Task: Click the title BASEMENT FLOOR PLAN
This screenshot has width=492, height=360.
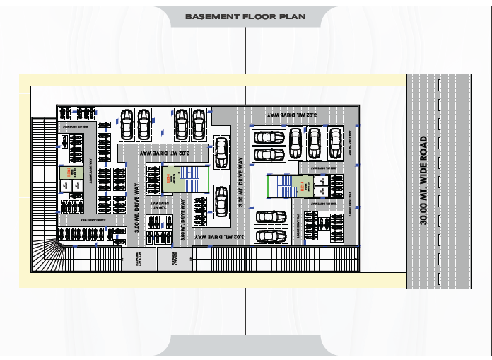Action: pos(245,15)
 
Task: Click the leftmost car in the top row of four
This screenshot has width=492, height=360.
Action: pos(128,124)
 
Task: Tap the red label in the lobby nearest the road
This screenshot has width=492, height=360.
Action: pos(302,185)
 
